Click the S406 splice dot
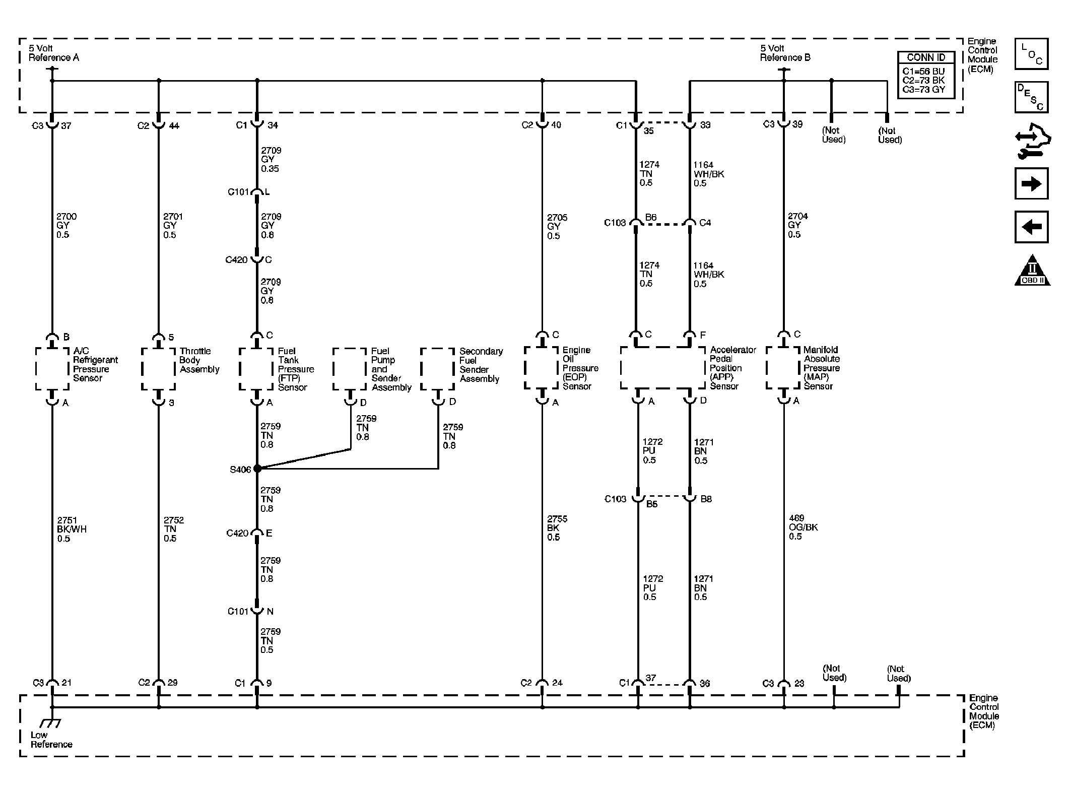tap(257, 469)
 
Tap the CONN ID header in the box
tap(926, 57)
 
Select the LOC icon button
tap(1031, 54)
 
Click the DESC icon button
tap(1031, 97)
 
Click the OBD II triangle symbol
tap(1032, 271)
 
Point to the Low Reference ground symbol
tap(50, 723)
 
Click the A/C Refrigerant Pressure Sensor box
tap(52, 369)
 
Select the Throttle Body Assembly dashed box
tap(158, 369)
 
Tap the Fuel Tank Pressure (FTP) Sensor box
tap(256, 369)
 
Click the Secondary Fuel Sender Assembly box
tap(437, 369)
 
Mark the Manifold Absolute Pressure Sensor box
tap(783, 368)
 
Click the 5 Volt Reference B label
tap(784, 53)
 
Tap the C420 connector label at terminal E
tap(237, 533)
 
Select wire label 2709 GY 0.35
tap(271, 159)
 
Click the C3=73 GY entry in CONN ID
tap(923, 90)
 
